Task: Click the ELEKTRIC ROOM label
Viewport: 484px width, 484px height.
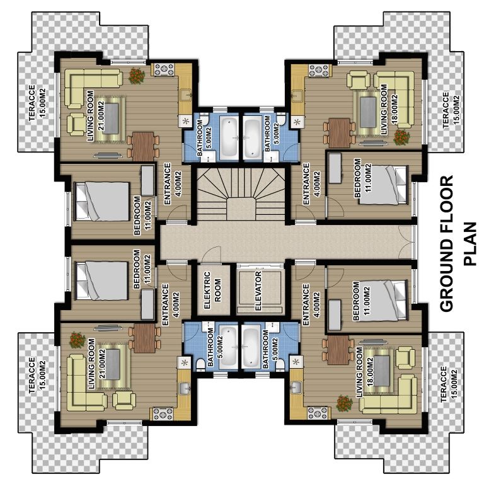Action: [212, 290]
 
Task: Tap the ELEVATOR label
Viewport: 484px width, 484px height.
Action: [258, 291]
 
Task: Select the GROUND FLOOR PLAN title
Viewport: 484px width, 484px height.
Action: [458, 243]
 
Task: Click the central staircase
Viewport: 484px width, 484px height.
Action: [241, 195]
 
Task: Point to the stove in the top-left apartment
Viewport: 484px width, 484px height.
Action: [164, 69]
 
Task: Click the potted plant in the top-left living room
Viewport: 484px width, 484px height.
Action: [136, 76]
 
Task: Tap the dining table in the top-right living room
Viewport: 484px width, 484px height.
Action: [339, 133]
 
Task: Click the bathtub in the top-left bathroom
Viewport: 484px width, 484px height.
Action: [229, 138]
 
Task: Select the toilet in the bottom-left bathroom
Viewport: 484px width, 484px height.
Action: [201, 364]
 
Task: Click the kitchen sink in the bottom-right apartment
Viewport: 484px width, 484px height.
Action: [296, 388]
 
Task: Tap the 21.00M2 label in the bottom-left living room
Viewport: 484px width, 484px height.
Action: [103, 363]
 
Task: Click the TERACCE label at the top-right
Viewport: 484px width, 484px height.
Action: [446, 110]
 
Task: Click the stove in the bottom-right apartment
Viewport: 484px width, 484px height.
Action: [318, 413]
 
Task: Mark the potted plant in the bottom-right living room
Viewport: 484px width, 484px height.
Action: [345, 403]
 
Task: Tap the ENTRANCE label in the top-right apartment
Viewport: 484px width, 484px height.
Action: [306, 183]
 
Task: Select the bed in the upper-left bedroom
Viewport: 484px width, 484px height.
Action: [102, 201]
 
